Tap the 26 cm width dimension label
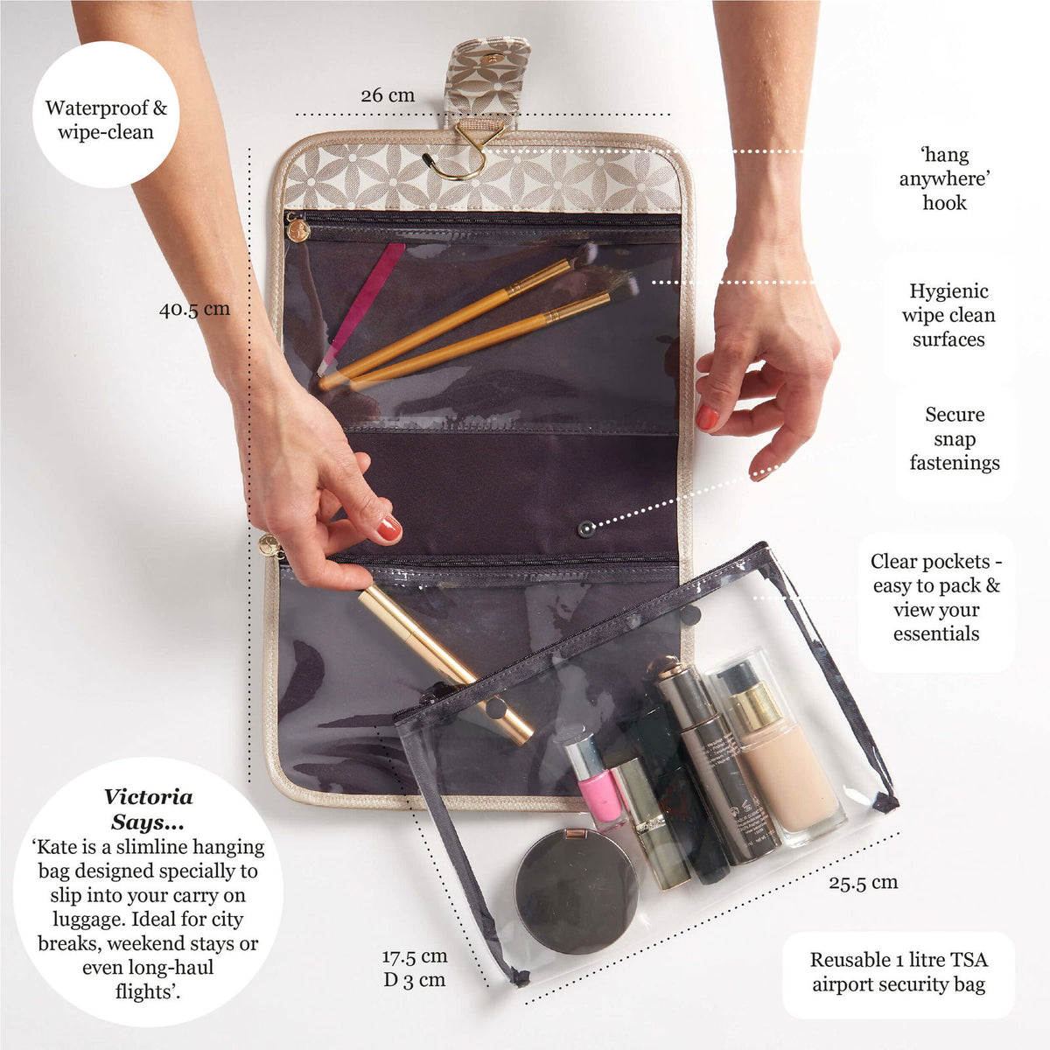point(388,94)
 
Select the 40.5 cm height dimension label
point(194,309)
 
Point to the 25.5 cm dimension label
point(863,882)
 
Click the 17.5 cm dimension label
point(414,956)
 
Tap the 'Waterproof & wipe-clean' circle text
point(106,120)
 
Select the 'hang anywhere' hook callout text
point(945,178)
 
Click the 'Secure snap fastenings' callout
point(955,438)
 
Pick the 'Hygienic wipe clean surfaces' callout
point(948,315)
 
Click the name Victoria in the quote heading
point(148,796)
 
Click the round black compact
point(577,891)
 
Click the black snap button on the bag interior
point(584,528)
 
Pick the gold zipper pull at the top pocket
point(297,230)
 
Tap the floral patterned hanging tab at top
point(486,74)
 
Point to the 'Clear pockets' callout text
point(936,598)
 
